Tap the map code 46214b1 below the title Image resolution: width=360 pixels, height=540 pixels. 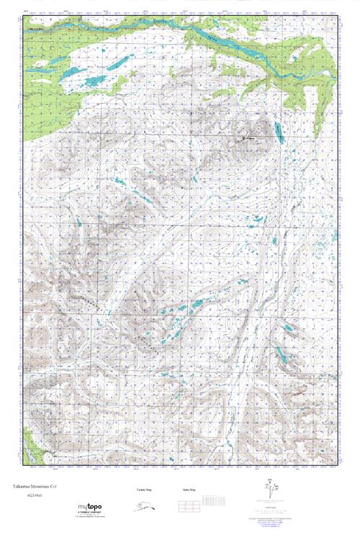point(30,497)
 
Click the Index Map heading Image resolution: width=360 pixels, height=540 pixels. point(189,490)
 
